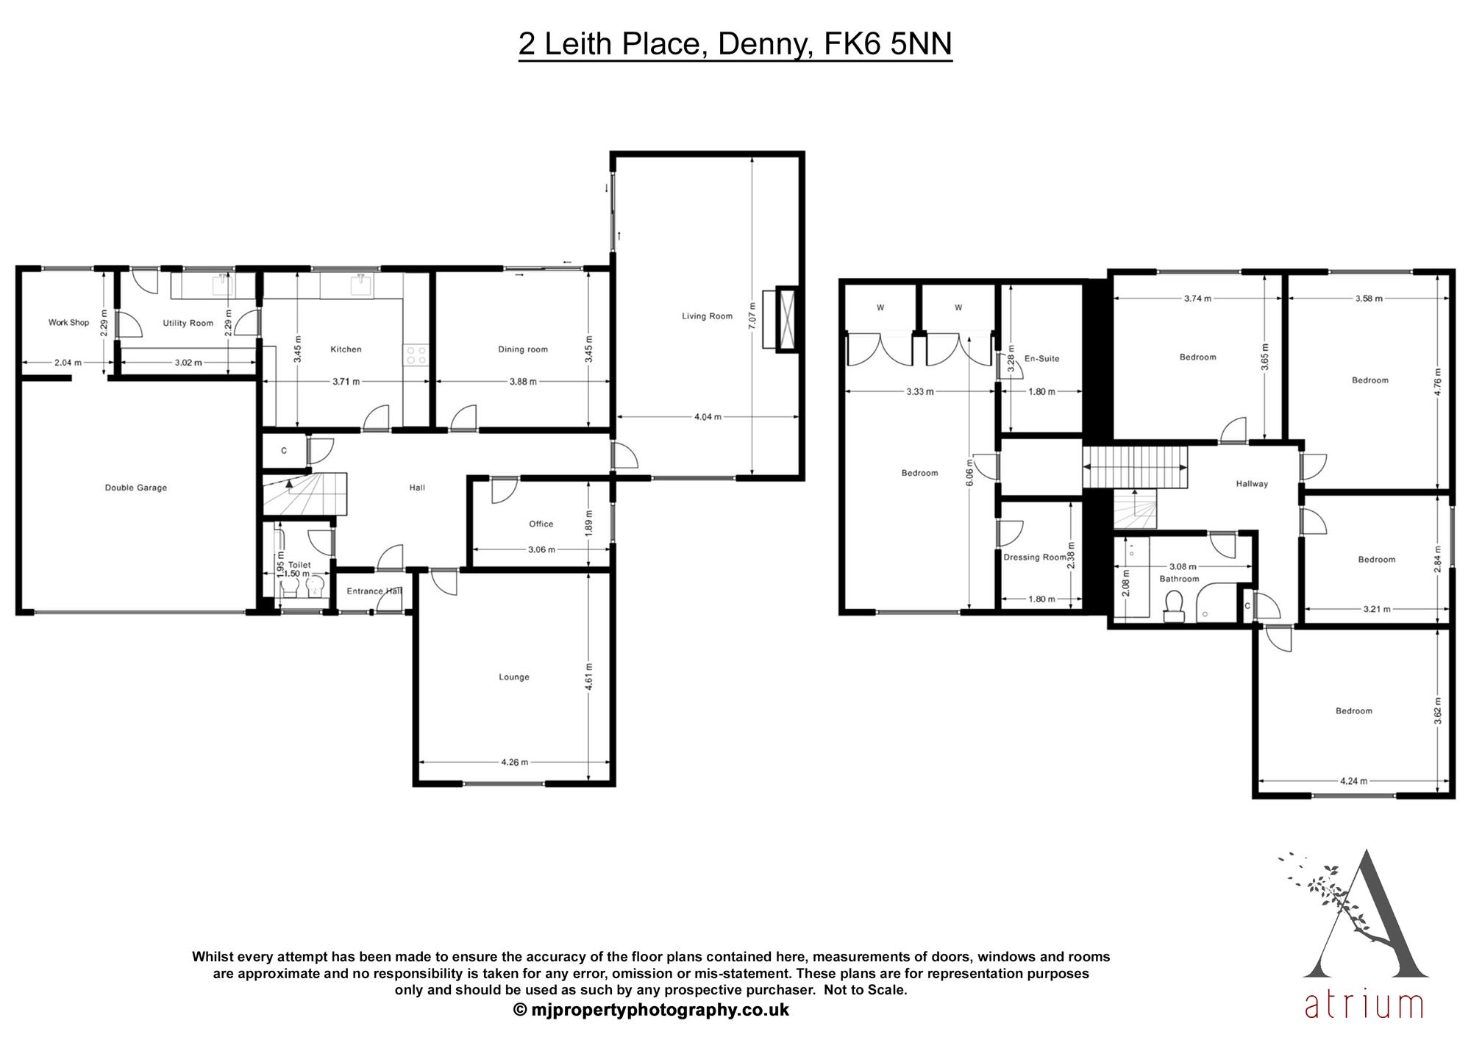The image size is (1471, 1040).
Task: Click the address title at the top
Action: point(735,44)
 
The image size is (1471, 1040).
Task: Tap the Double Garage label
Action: point(136,488)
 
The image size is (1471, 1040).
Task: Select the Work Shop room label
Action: point(68,322)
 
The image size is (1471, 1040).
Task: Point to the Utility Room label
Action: point(188,323)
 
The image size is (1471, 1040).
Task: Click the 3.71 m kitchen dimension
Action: point(346,382)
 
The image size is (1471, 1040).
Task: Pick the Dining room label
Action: point(523,349)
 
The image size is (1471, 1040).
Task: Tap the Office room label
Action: point(541,524)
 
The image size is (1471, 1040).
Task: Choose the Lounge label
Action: point(514,677)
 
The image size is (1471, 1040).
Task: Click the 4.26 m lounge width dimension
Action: point(514,762)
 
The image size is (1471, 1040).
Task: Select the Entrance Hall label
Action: point(374,591)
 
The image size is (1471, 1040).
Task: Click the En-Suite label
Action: point(1042,358)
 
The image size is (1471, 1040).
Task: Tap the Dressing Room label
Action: point(1035,557)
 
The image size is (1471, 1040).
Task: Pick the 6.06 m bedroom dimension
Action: point(969,472)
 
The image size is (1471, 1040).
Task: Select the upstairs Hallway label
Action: point(1252,483)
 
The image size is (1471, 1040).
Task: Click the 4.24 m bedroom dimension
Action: point(1353,781)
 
